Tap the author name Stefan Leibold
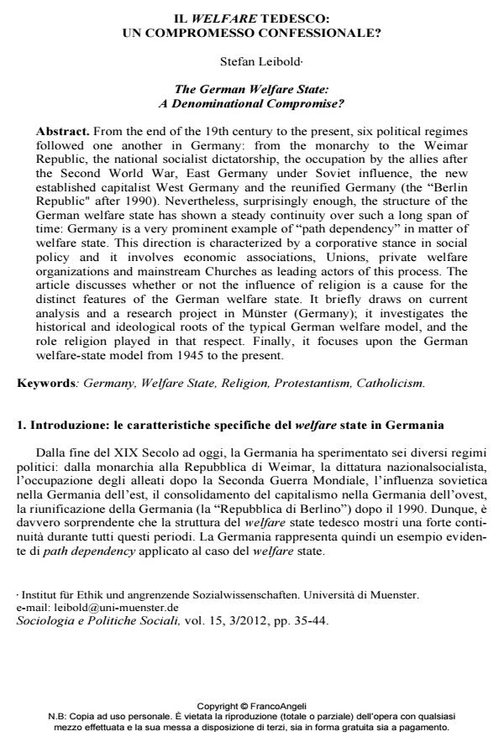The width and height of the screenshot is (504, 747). pos(251,61)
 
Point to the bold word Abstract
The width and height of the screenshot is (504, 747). pos(62,133)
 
